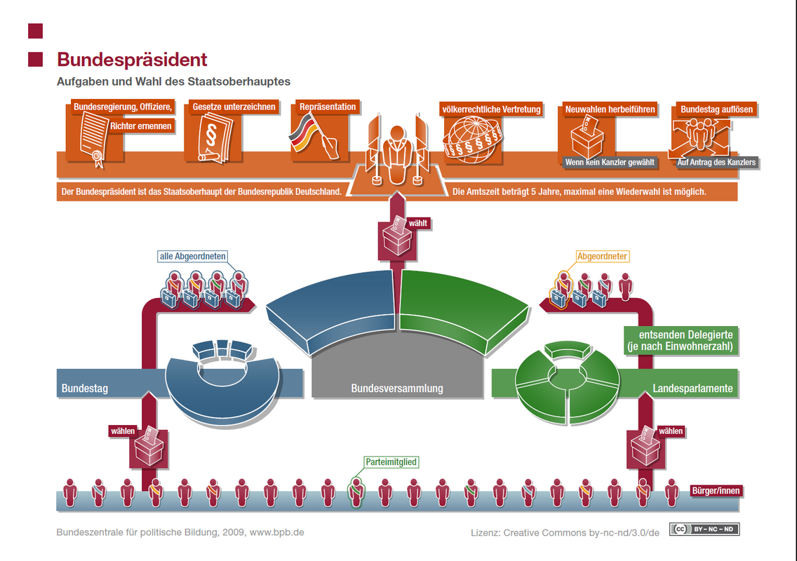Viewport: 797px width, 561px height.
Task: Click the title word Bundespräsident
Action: pyautogui.click(x=132, y=60)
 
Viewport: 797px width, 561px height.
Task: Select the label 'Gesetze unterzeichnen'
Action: pyautogui.click(x=234, y=107)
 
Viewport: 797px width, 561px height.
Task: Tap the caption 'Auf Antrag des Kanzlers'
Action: pyautogui.click(x=716, y=163)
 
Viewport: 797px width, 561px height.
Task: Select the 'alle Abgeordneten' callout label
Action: pyautogui.click(x=193, y=256)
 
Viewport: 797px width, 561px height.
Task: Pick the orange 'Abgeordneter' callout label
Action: pyautogui.click(x=602, y=256)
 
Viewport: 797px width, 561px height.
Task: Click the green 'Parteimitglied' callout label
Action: pyautogui.click(x=391, y=462)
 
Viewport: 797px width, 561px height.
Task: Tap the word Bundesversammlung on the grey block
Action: pyautogui.click(x=397, y=388)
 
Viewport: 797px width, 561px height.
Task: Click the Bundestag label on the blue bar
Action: pyautogui.click(x=85, y=388)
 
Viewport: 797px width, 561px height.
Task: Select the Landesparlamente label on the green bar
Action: pyautogui.click(x=692, y=388)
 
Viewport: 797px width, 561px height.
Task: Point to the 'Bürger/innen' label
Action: pyautogui.click(x=716, y=491)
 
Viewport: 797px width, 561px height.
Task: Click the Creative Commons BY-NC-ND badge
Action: pyautogui.click(x=704, y=529)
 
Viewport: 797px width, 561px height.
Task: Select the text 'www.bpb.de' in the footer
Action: pyautogui.click(x=276, y=532)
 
